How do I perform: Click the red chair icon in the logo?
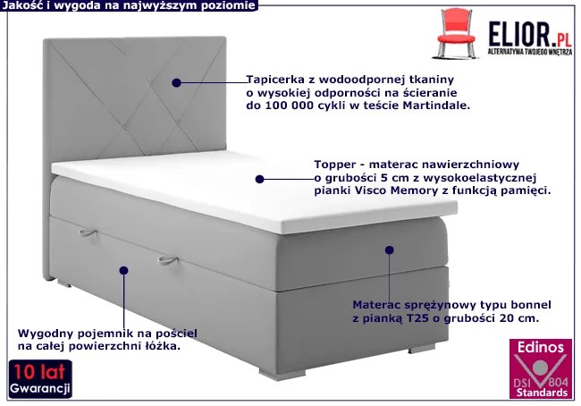[x=455, y=33]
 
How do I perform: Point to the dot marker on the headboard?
[x=176, y=82]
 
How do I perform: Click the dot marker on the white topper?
[x=259, y=179]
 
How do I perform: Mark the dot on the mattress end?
[x=389, y=250]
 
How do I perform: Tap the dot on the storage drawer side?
[x=123, y=270]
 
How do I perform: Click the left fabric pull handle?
[x=88, y=233]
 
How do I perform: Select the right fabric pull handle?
[x=168, y=260]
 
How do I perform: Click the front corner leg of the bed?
[x=274, y=374]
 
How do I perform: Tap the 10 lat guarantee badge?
[x=40, y=379]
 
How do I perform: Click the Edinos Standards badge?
[x=541, y=368]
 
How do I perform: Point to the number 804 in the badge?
[x=558, y=382]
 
